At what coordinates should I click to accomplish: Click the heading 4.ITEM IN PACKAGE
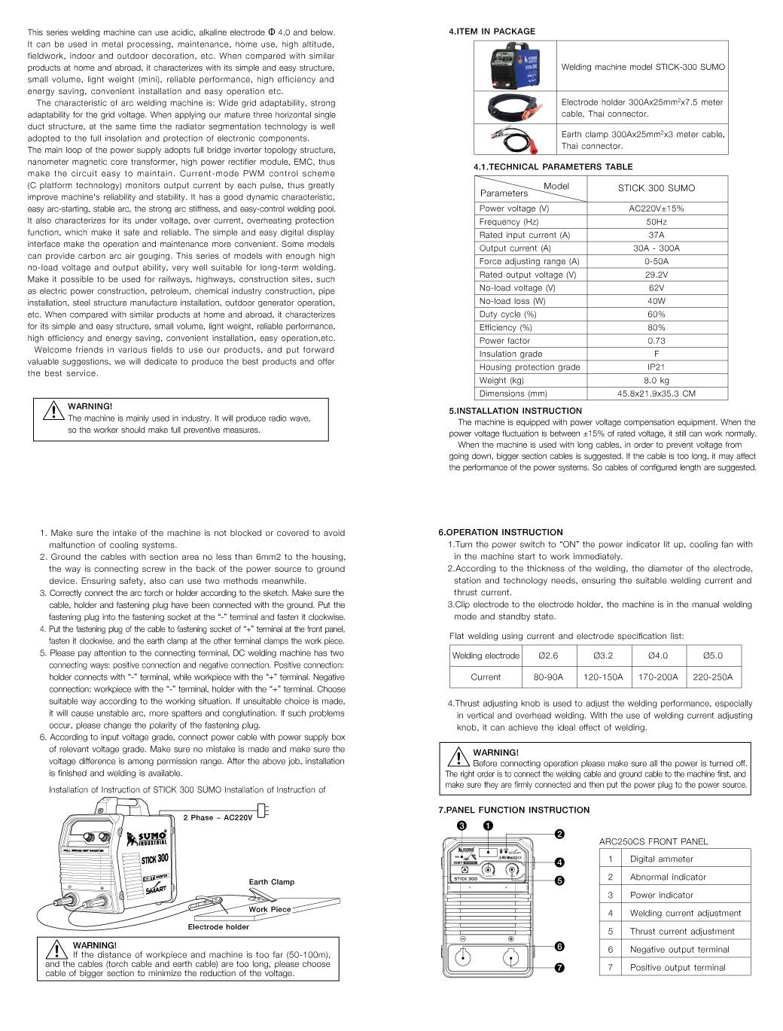492,32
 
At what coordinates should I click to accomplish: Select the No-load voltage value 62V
656,287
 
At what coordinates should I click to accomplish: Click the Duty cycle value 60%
656,314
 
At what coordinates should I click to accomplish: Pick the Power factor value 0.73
656,341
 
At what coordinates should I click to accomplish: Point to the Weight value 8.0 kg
656,381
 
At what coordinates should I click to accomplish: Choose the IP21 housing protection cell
656,367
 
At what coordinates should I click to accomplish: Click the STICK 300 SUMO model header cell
656,188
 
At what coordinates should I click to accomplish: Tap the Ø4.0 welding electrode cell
657,655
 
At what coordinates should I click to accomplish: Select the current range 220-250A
712,677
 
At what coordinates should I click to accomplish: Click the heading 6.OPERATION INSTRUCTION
501,532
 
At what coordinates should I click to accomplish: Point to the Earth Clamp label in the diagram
272,882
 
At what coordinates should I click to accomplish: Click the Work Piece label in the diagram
270,909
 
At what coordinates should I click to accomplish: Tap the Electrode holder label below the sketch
218,926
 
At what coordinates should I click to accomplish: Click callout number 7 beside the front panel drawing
560,968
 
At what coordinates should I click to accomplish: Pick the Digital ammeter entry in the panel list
662,859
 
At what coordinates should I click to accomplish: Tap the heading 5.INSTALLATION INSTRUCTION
516,411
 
